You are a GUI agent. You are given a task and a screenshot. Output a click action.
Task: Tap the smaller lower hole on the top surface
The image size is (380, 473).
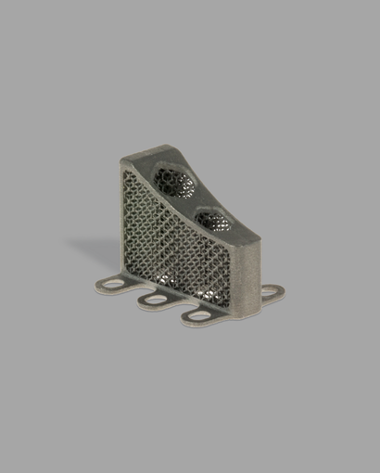click(x=215, y=221)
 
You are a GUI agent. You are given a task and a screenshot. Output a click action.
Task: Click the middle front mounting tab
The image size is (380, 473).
click(x=152, y=300)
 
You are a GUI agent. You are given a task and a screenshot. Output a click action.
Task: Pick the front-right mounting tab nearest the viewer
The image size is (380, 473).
click(x=196, y=316)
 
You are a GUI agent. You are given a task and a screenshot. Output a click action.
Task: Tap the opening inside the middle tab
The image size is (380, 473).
click(x=151, y=300)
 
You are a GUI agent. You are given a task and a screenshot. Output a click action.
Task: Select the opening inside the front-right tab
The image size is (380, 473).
click(x=196, y=316)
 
